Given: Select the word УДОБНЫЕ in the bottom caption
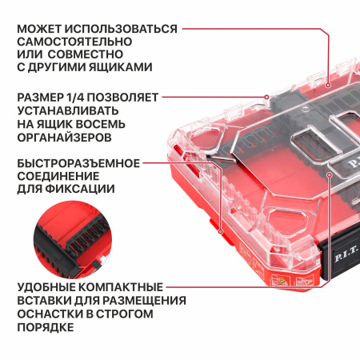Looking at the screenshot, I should [48, 286].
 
